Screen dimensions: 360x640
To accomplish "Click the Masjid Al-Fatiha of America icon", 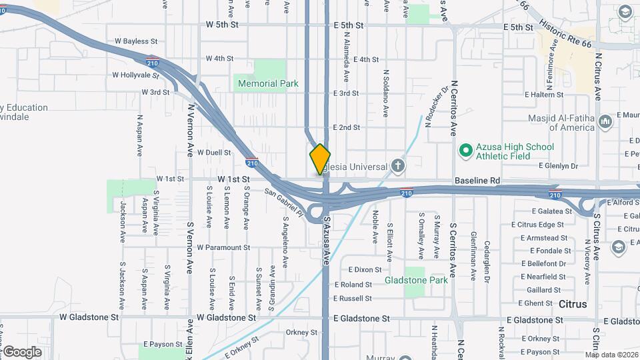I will [605, 123].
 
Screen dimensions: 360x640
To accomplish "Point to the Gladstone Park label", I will [416, 281].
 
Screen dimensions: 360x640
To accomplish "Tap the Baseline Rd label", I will [477, 181].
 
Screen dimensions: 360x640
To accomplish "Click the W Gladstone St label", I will [89, 318].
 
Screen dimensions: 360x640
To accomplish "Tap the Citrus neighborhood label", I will [573, 304].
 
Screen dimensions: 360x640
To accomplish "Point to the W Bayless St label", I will [135, 41].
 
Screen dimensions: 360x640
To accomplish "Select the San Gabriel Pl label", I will [284, 203].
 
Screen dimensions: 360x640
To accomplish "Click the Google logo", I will [22, 352].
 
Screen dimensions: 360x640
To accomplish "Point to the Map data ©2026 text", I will [611, 355].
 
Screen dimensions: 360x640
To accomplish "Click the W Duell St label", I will [214, 152].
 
